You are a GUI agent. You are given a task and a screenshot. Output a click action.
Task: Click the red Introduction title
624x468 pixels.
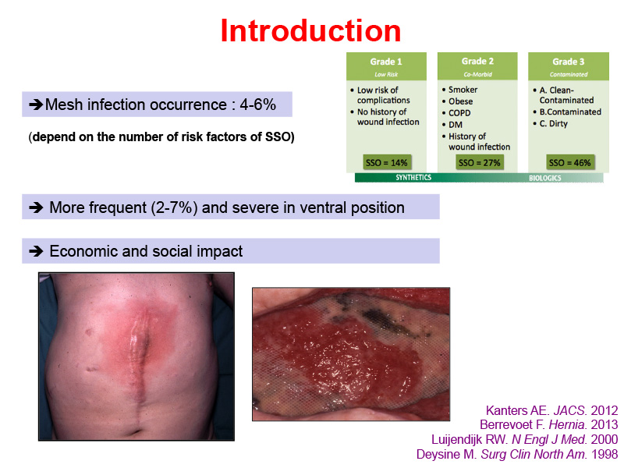pos(310,30)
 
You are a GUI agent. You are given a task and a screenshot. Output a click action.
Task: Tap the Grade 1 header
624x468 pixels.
pos(386,62)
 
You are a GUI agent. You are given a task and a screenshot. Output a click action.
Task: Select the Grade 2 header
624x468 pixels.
pos(477,62)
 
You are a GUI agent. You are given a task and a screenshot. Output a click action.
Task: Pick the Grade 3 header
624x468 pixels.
pos(569,62)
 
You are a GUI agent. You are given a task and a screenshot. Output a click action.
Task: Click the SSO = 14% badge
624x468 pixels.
pos(386,162)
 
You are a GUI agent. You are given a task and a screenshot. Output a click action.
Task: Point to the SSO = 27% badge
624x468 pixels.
pos(479,162)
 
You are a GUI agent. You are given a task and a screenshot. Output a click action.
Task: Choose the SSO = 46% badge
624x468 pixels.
pos(570,162)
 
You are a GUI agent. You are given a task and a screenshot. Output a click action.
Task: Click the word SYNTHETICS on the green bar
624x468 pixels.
pos(413,178)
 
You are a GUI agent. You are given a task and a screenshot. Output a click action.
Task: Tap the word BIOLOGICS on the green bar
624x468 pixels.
pos(544,178)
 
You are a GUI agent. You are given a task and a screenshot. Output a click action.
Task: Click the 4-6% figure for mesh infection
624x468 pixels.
pos(258,105)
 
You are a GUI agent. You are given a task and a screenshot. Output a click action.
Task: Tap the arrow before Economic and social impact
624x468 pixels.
pos(36,251)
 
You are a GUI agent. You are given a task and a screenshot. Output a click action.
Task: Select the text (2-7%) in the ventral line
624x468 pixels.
pos(174,207)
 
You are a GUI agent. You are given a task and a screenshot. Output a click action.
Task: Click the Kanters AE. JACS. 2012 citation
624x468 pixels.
pos(552,410)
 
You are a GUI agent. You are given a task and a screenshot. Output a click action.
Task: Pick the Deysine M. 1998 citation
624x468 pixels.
pos(517,454)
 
